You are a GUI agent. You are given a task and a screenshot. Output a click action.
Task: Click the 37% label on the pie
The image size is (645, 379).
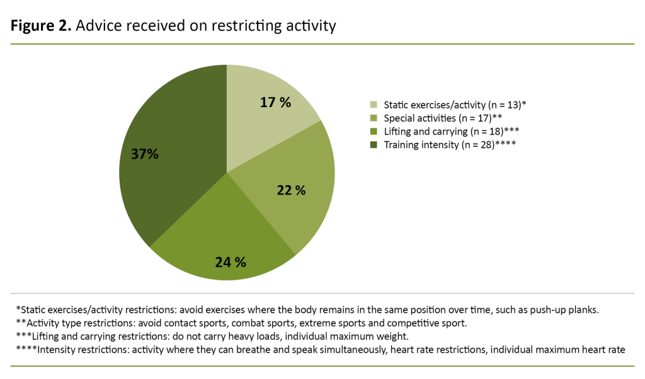tap(145, 154)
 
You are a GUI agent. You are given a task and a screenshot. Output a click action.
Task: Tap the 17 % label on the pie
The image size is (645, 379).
tap(275, 102)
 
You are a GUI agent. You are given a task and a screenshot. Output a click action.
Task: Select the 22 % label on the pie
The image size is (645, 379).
tap(290, 190)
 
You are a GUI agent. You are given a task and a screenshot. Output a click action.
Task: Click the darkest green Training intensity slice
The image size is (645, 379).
tap(176, 126)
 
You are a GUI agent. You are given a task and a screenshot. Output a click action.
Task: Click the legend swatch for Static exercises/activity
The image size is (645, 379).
tap(374, 105)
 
